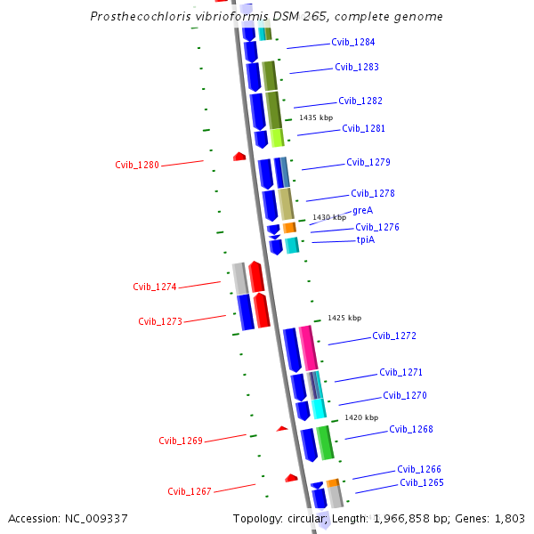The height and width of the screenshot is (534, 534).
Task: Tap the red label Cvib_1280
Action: pyautogui.click(x=137, y=165)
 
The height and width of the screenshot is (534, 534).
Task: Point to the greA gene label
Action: pyautogui.click(x=362, y=211)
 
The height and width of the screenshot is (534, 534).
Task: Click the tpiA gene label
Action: pyautogui.click(x=366, y=239)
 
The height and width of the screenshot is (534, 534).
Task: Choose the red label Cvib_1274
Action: pyautogui.click(x=155, y=287)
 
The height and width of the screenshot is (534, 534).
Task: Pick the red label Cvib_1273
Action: pyautogui.click(x=160, y=321)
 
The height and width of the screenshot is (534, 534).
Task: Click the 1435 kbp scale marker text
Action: pyautogui.click(x=316, y=117)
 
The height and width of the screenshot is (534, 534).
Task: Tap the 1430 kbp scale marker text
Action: pyautogui.click(x=329, y=217)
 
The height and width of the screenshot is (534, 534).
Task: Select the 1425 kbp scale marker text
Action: pyautogui.click(x=344, y=318)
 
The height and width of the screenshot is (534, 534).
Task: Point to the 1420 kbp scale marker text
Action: pyautogui.click(x=361, y=417)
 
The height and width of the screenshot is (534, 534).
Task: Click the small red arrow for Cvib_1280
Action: pyautogui.click(x=239, y=157)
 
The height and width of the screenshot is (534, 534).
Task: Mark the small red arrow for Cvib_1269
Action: pyautogui.click(x=282, y=429)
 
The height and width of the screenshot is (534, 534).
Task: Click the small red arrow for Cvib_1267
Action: pyautogui.click(x=291, y=479)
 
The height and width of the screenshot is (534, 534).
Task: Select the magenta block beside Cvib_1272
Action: pyautogui.click(x=308, y=347)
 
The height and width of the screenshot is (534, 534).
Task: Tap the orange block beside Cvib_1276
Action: pyautogui.click(x=290, y=228)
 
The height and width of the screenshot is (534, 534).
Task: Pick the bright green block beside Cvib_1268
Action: pyautogui.click(x=326, y=442)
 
